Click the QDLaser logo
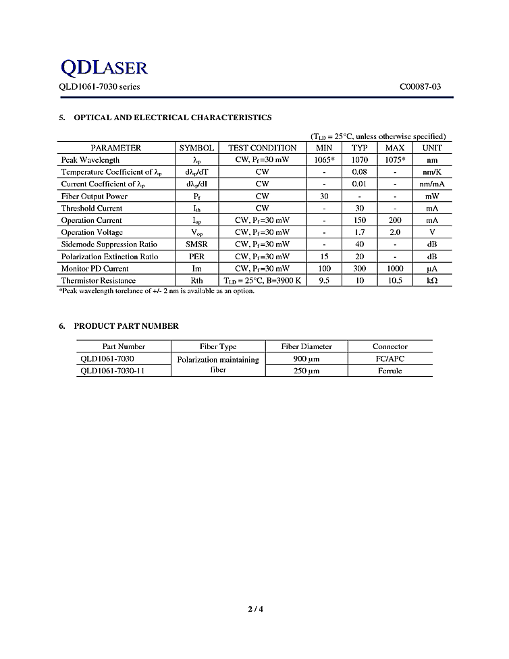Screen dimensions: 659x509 104,67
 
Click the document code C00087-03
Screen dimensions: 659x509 422,87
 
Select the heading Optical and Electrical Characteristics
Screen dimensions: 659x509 172,117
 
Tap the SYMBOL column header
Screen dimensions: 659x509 196,148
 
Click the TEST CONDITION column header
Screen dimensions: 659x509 262,148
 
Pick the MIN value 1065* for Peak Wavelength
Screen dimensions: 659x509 324,160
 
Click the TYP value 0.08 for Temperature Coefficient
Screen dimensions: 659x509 359,172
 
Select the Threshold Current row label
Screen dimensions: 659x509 92,209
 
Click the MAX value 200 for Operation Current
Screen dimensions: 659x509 394,221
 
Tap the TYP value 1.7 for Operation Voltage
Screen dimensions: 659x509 359,232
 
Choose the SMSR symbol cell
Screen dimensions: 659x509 196,244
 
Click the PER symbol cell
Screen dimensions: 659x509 196,257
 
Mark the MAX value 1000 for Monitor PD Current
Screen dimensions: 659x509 394,269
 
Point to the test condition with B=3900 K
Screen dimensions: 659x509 262,281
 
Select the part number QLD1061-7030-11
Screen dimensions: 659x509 113,371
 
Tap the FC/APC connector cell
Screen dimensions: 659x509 390,359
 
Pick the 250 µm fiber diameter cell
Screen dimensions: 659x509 306,371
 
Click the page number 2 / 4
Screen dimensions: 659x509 254,610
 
